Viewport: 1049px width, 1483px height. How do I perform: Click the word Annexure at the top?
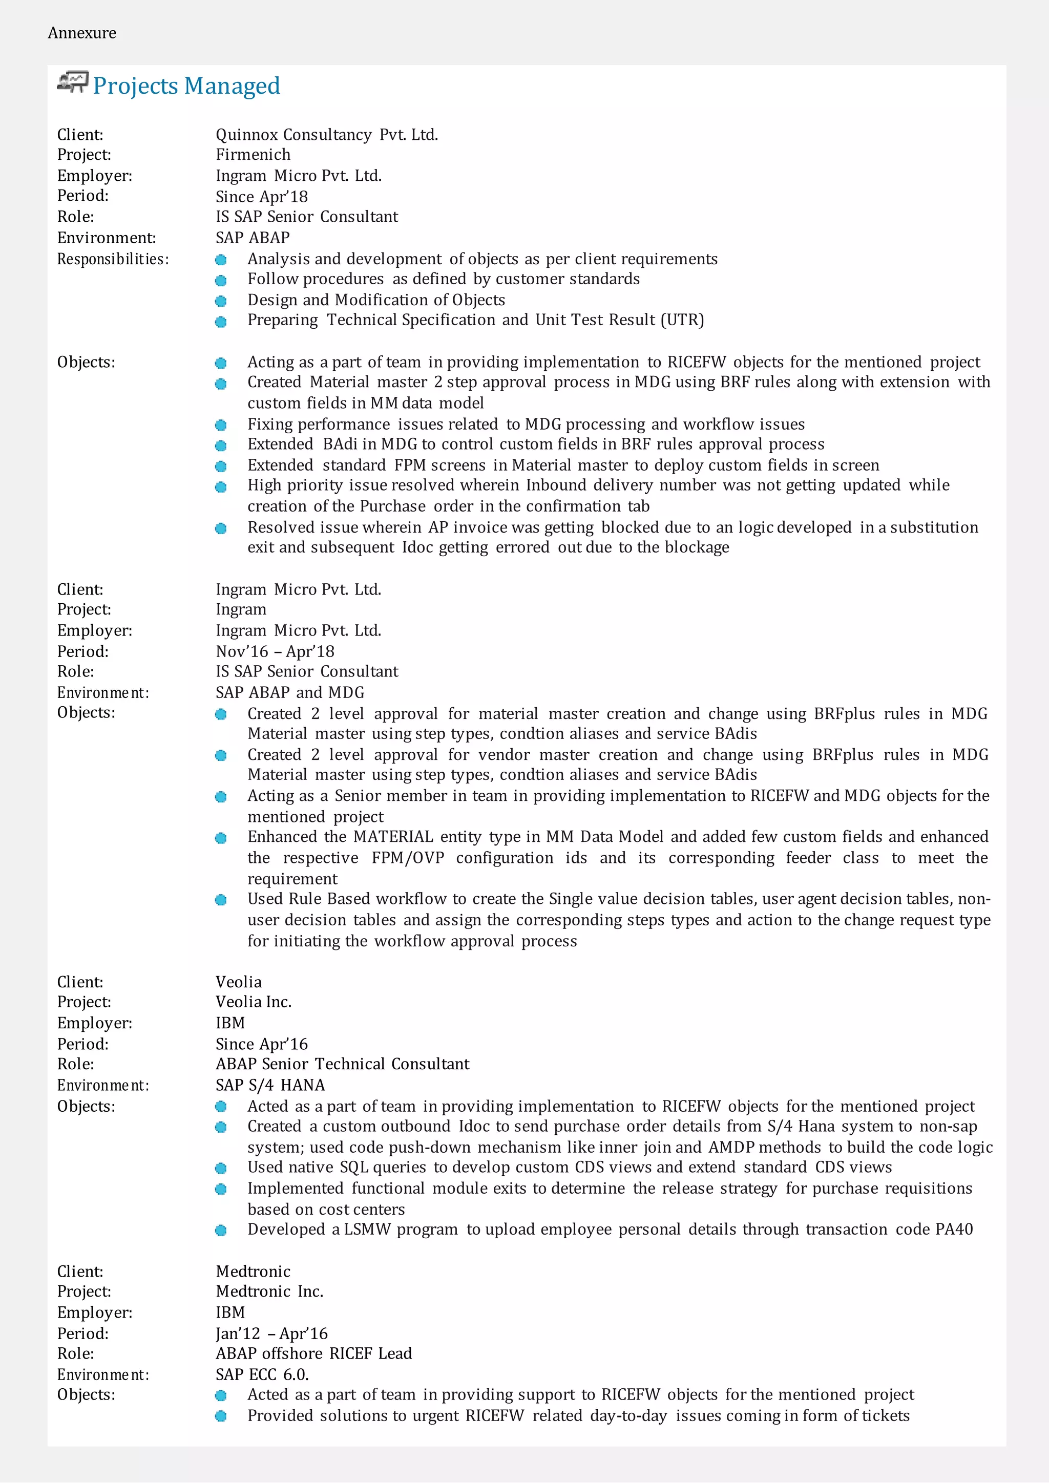(x=82, y=33)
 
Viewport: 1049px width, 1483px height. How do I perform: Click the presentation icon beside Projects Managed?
(x=72, y=82)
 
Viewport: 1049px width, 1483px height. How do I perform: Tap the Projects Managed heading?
(x=186, y=86)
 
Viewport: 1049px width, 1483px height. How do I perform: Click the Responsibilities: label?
(x=113, y=259)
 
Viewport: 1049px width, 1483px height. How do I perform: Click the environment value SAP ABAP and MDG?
(x=289, y=692)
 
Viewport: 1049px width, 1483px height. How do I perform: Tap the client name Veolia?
(x=238, y=982)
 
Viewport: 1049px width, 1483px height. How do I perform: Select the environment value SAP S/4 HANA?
(x=270, y=1085)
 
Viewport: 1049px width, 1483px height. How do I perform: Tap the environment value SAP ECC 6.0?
(x=262, y=1374)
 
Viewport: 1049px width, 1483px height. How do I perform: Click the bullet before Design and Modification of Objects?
(x=221, y=301)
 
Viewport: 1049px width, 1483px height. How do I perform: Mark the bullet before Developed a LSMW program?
(x=221, y=1231)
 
